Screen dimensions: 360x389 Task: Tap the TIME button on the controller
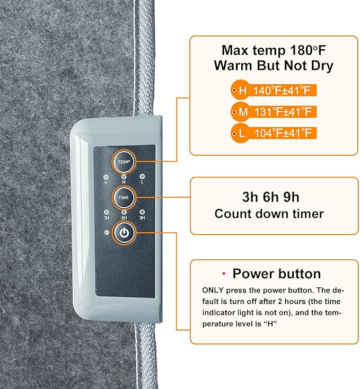click(124, 198)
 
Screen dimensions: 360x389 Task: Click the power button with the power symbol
click(124, 233)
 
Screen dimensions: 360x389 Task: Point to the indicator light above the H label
click(106, 177)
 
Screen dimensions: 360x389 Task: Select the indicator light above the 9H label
click(142, 212)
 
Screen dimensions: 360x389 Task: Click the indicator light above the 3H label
click(107, 212)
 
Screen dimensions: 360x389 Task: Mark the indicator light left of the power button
click(107, 233)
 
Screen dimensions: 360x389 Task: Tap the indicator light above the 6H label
click(124, 212)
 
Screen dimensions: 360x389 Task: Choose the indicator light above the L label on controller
click(142, 176)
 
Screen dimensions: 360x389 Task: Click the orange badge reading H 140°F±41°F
click(274, 90)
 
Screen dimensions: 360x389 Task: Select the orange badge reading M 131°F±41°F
click(274, 112)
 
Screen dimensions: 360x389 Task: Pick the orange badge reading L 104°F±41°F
click(274, 133)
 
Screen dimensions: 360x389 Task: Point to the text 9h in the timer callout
click(291, 197)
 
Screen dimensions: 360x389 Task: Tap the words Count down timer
click(269, 214)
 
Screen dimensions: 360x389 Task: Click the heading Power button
click(277, 274)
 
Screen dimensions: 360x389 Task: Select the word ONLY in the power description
click(213, 290)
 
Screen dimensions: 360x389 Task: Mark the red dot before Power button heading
click(224, 273)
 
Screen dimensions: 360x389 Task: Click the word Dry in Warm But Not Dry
click(322, 66)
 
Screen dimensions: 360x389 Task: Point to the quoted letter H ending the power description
click(270, 324)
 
